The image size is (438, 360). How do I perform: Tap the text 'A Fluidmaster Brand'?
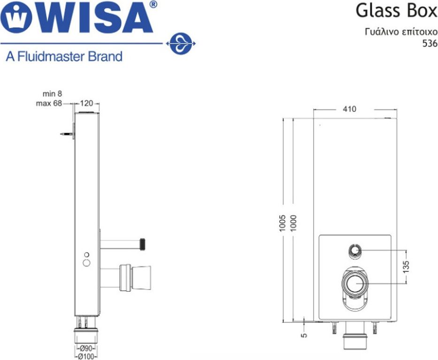[64, 56]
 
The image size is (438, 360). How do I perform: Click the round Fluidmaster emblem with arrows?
[181, 44]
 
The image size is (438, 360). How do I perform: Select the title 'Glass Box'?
[396, 11]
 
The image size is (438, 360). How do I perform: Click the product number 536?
[430, 44]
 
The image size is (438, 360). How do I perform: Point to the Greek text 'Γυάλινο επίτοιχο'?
[401, 32]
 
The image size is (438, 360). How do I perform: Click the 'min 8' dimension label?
[52, 94]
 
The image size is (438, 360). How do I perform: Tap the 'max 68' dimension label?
[49, 103]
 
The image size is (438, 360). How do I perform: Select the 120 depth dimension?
[86, 103]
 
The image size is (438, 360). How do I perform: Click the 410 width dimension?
[349, 109]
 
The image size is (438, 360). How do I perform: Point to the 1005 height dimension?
[283, 223]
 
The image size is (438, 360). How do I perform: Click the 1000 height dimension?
[293, 223]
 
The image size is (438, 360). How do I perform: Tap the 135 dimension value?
[406, 266]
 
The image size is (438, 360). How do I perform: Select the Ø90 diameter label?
[86, 348]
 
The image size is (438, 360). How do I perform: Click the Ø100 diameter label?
[86, 356]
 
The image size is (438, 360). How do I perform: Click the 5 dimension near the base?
[305, 334]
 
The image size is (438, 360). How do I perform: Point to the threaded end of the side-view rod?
[144, 244]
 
